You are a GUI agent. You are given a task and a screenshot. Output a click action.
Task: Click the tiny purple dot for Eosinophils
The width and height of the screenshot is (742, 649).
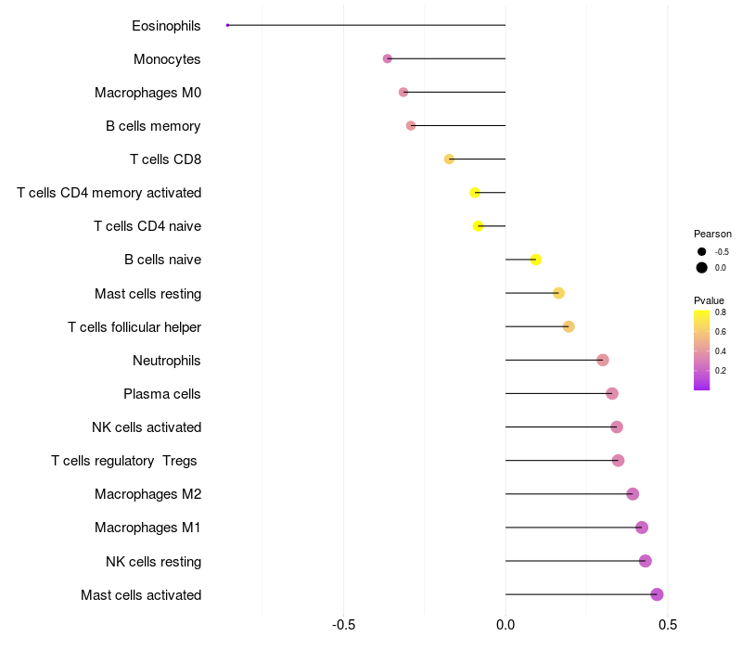point(227,25)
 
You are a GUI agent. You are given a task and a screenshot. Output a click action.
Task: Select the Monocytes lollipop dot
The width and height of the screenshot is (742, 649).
point(387,58)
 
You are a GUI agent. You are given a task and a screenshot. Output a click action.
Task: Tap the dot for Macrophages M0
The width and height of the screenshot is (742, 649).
point(403,92)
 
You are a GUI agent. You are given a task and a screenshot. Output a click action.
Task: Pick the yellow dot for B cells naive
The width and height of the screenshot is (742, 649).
point(536,260)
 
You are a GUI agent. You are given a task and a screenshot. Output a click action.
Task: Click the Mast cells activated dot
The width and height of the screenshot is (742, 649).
point(657,594)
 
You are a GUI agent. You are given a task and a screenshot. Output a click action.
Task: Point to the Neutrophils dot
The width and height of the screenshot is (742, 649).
point(602,360)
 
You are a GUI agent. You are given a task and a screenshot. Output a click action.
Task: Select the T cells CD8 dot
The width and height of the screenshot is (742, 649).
point(449,159)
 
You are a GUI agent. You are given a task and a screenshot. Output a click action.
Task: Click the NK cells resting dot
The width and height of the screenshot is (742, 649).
point(645,561)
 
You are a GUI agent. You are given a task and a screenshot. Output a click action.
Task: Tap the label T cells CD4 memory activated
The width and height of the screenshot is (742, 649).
point(109,193)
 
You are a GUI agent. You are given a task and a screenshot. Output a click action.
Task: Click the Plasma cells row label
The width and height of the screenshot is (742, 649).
point(161,394)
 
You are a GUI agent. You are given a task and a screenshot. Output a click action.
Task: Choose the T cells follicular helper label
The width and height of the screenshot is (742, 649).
point(134,327)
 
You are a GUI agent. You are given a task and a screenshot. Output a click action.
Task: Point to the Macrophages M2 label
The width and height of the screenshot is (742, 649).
point(148,494)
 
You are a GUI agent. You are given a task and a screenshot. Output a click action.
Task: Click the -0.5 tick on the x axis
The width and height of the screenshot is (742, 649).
point(343,625)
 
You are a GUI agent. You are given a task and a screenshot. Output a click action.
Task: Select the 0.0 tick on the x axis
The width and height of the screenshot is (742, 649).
point(505,625)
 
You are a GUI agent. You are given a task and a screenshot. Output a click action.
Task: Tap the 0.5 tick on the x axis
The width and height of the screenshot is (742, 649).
point(668,625)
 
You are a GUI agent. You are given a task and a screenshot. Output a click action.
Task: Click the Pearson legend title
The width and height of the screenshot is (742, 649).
point(712,235)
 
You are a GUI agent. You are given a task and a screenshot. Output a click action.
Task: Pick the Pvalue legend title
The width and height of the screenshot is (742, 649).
point(709,300)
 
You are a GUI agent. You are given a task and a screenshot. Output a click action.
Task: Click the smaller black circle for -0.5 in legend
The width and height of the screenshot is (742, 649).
point(702,252)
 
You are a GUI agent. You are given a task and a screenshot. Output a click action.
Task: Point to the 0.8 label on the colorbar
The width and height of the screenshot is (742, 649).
point(721,312)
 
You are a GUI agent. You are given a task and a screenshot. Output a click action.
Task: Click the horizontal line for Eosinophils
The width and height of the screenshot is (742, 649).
point(366,25)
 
